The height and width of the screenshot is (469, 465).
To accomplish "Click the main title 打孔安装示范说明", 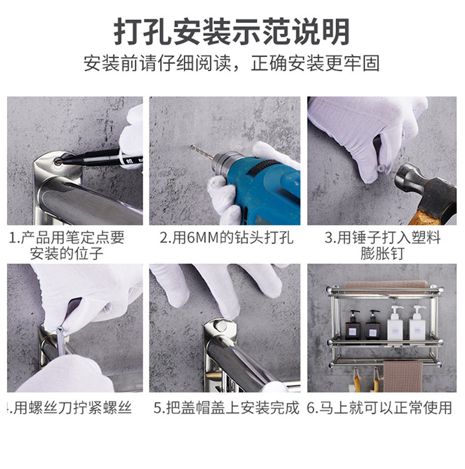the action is tap(231, 32).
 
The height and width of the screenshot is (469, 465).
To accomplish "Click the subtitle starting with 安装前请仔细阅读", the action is tap(231, 64).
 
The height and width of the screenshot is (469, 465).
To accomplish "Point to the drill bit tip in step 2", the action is tap(192, 147).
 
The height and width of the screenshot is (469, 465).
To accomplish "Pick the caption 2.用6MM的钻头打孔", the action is tap(227, 238).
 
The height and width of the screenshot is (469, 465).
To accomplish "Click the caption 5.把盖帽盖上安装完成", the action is tap(227, 408).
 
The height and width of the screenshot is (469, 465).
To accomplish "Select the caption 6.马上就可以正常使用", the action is tap(380, 408).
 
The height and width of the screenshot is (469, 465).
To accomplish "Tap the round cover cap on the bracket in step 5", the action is tap(220, 325).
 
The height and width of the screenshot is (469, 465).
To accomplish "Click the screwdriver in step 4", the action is tap(61, 341).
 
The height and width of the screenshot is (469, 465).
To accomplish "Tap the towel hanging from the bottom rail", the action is tap(403, 377).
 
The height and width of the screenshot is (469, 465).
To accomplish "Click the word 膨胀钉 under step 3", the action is tap(383, 254).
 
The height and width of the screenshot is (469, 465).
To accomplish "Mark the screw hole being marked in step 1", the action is tap(58, 161).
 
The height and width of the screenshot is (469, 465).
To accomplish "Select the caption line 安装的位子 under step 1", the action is tap(67, 254).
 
